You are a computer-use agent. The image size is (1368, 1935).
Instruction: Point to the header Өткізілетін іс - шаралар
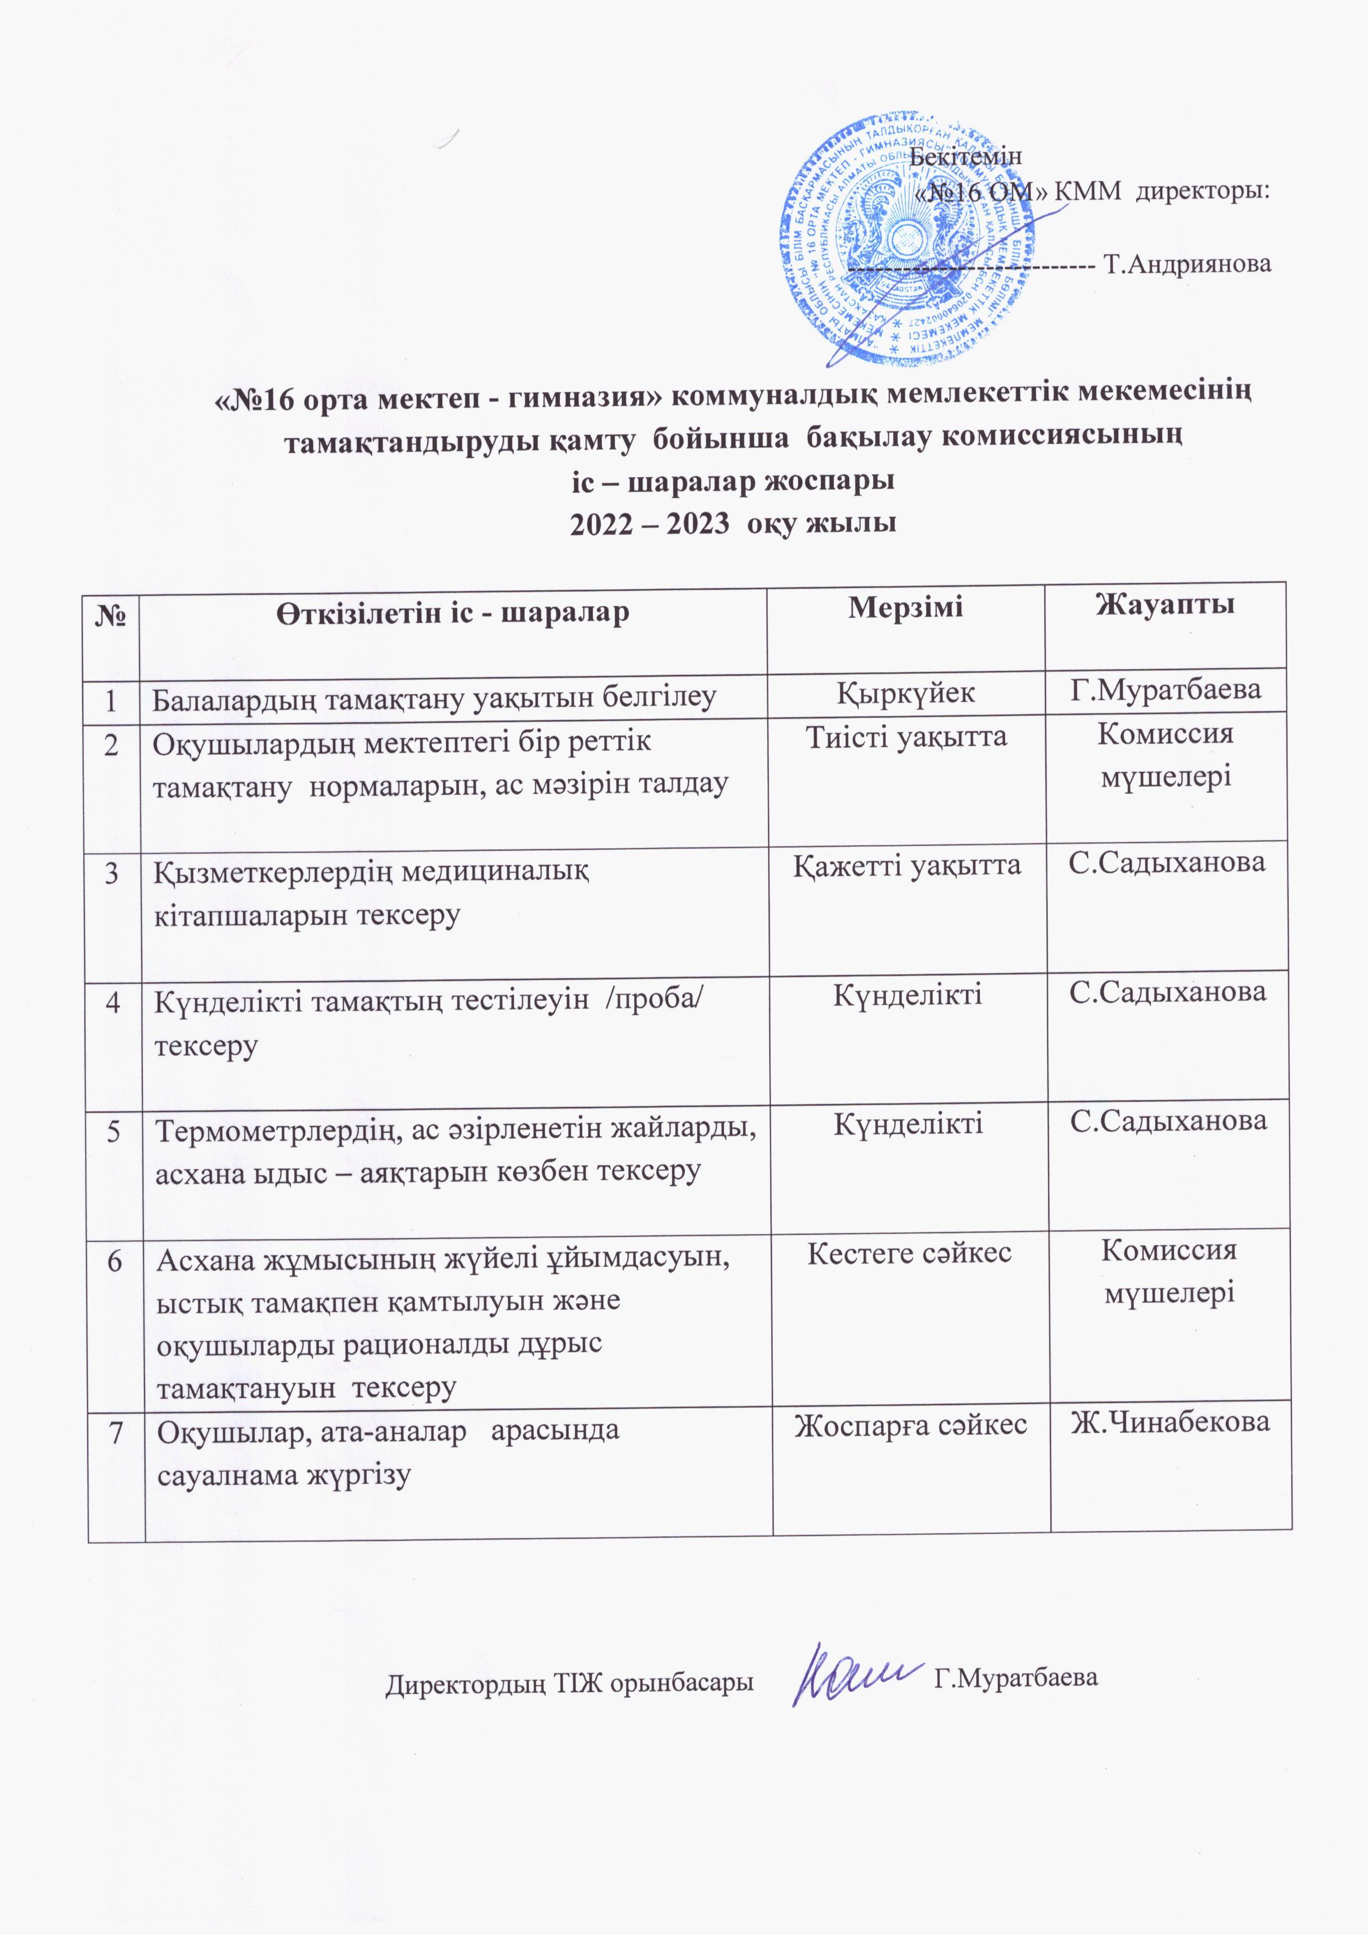coord(452,612)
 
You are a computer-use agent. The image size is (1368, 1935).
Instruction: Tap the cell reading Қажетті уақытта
coord(906,866)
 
